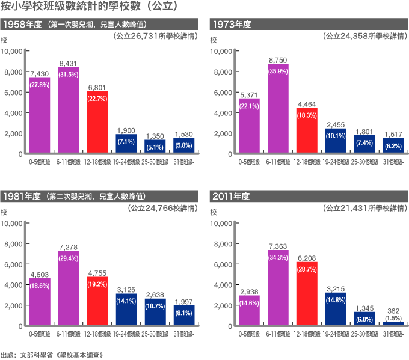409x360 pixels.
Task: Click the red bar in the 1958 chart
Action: pos(97,120)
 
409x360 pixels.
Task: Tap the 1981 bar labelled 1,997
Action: pos(184,316)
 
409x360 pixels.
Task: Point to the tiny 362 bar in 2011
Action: pos(393,323)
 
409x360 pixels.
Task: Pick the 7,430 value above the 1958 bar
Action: pos(39,73)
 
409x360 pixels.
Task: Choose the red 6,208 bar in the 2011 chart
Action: pos(307,294)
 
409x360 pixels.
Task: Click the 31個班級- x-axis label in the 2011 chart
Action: pos(393,334)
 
